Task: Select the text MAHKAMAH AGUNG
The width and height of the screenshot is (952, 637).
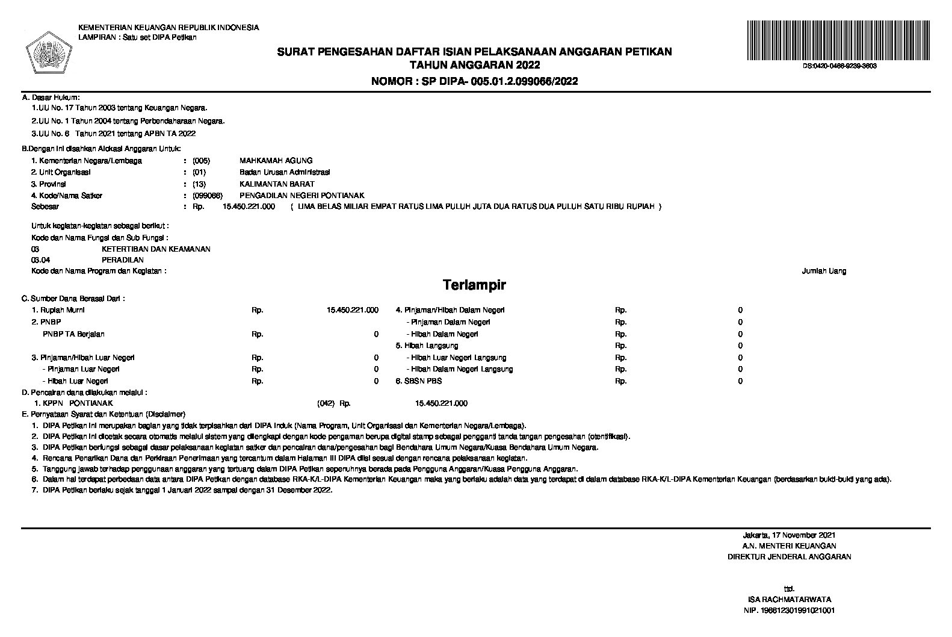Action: click(x=276, y=161)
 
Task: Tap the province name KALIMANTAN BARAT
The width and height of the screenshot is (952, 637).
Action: click(x=277, y=184)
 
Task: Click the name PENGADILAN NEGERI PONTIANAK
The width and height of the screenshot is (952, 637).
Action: click(x=301, y=196)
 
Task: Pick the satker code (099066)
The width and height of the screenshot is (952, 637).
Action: click(x=208, y=196)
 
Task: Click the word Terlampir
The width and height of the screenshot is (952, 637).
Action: click(x=474, y=284)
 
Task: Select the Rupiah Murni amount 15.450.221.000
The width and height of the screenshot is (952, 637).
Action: click(x=352, y=310)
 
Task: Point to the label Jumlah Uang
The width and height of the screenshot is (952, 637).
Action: click(x=824, y=271)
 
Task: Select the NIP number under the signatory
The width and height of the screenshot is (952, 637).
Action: click(x=789, y=611)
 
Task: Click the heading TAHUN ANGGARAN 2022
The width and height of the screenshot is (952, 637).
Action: click(x=474, y=65)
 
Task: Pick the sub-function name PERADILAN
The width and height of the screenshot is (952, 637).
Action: click(x=123, y=260)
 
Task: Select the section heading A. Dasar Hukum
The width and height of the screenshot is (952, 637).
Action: click(x=51, y=97)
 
